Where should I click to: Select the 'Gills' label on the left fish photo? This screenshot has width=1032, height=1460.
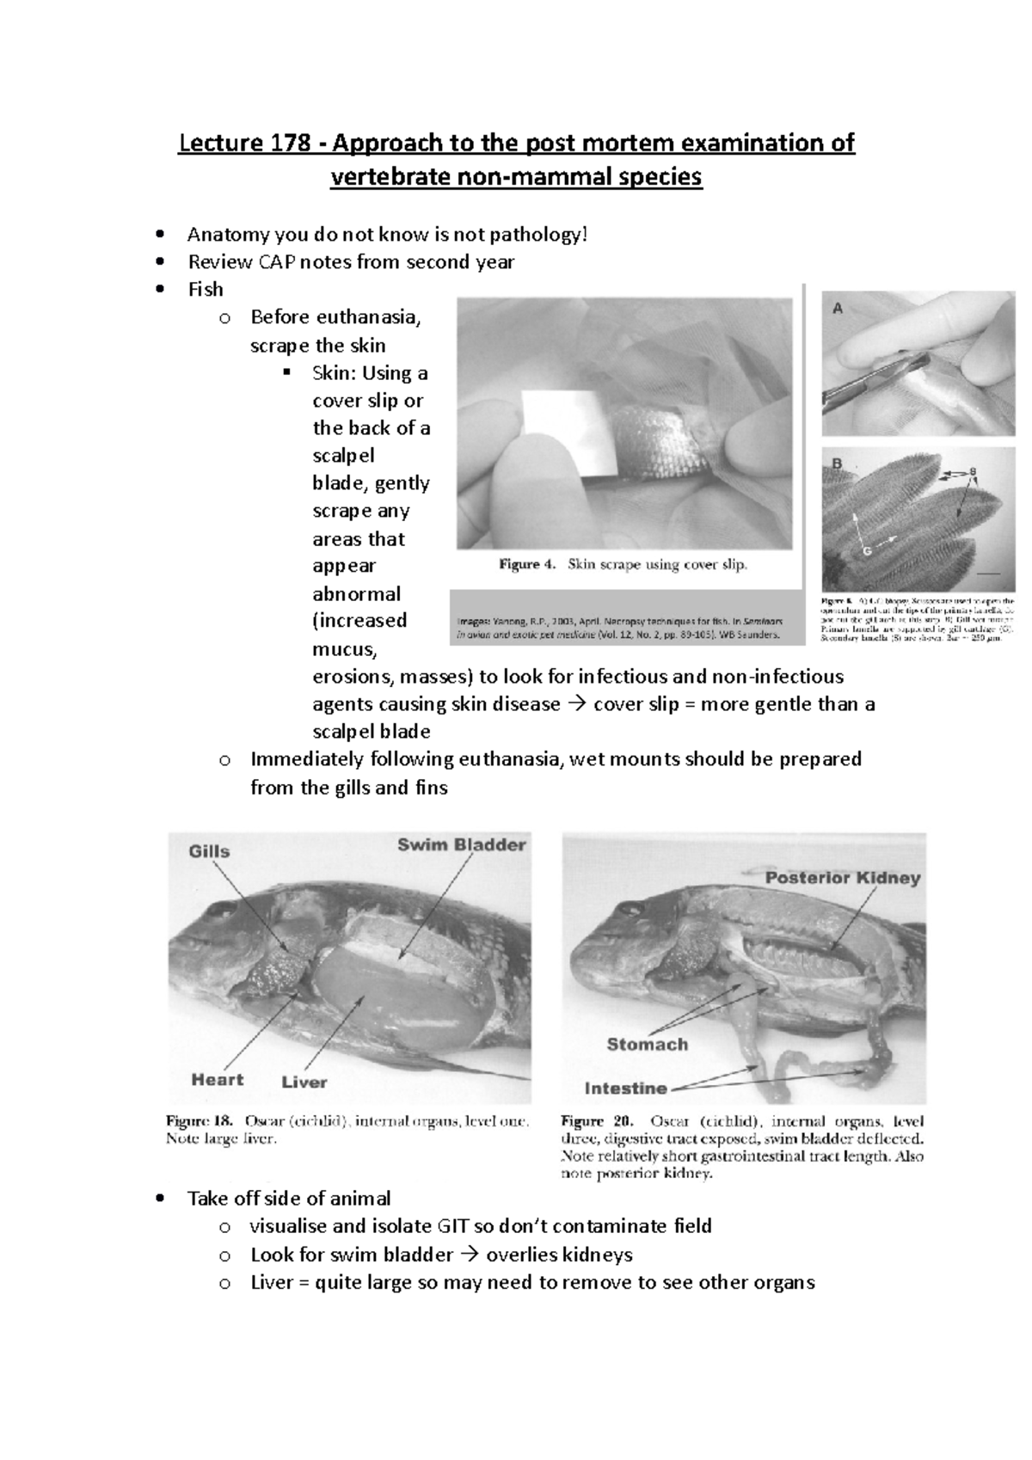tap(209, 851)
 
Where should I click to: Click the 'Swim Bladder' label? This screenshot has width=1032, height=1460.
tap(461, 844)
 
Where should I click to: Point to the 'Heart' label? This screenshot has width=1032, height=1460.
tap(217, 1079)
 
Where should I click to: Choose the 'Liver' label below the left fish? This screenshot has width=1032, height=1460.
tap(304, 1081)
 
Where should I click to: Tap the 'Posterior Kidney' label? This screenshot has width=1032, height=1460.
tap(843, 878)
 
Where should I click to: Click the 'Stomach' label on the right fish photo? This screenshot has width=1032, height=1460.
tap(647, 1044)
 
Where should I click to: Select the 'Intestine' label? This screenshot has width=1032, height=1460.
tap(625, 1088)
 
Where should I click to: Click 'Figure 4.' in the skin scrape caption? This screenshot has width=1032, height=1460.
tap(527, 565)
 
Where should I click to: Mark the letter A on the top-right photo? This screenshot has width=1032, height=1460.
tap(838, 309)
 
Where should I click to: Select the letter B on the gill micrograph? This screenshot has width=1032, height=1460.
tap(835, 463)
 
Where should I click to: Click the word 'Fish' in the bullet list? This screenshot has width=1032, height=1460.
tap(206, 289)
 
